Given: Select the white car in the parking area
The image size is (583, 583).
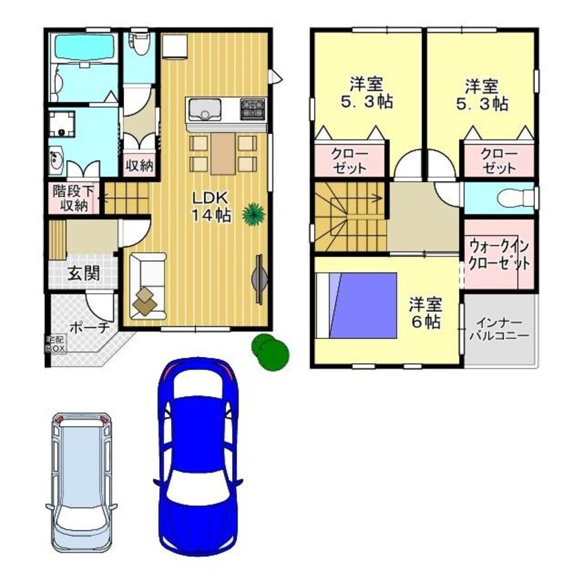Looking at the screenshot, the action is click(x=81, y=482).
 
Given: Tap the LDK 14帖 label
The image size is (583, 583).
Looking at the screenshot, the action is click(x=210, y=207).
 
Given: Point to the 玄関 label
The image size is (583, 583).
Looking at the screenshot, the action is click(x=83, y=274).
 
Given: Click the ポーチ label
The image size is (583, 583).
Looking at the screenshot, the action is click(x=90, y=327).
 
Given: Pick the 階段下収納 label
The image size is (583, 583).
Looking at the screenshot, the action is click(x=74, y=198).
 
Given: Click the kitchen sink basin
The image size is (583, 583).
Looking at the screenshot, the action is click(x=205, y=110).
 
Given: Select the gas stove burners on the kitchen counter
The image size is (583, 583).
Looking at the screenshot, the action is click(x=253, y=108).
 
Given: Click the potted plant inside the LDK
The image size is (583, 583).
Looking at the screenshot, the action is click(x=254, y=214).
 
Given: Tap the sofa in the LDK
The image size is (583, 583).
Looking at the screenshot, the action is click(x=148, y=285).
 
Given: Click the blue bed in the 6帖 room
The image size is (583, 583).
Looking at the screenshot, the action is click(x=356, y=305).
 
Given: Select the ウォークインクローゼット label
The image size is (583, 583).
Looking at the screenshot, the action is click(x=499, y=255).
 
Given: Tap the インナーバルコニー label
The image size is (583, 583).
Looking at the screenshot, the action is click(x=499, y=329).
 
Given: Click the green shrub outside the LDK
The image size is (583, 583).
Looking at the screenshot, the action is click(x=270, y=351).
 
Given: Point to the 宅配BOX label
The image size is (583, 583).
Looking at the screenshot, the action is click(x=55, y=345).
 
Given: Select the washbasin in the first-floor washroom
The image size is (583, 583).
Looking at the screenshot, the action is click(x=57, y=161).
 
